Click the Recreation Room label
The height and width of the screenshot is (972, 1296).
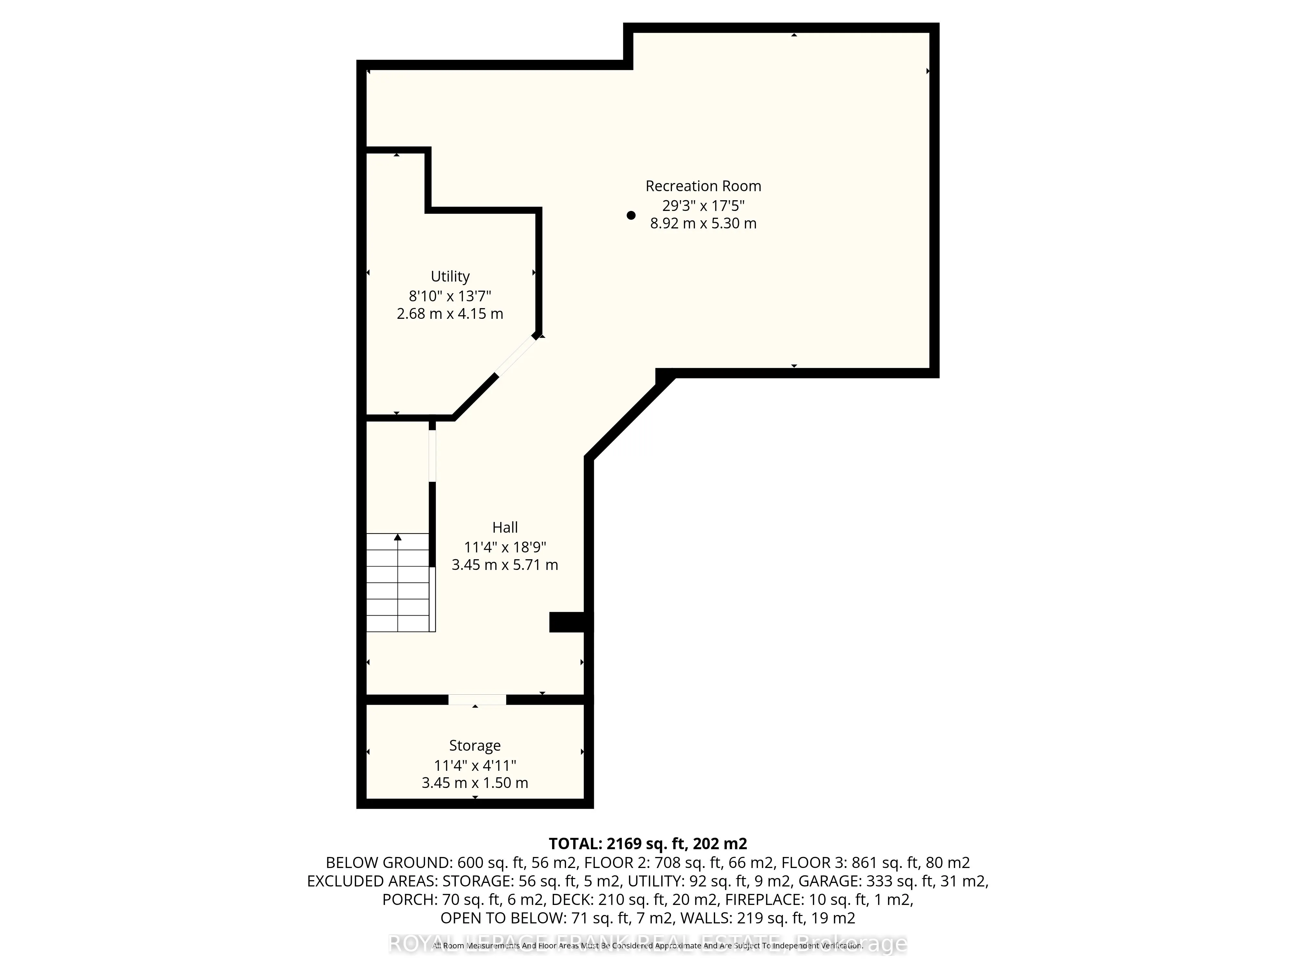tap(703, 186)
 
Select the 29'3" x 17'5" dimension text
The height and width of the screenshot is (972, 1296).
tap(703, 206)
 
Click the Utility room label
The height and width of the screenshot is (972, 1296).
tap(450, 277)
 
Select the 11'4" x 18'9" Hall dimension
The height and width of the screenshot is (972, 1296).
tap(505, 547)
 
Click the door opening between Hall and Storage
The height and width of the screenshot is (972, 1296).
tap(477, 700)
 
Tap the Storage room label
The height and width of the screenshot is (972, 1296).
tap(475, 746)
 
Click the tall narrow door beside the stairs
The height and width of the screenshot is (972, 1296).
tap(433, 456)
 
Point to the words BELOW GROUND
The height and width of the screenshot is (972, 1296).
tap(387, 863)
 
